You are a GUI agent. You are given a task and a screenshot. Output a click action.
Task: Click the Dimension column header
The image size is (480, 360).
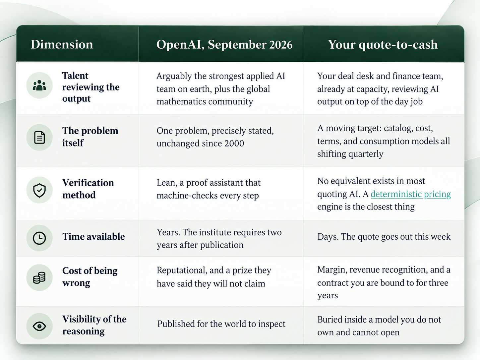pos(62,44)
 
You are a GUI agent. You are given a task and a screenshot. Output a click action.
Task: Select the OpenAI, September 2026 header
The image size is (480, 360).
pos(224,45)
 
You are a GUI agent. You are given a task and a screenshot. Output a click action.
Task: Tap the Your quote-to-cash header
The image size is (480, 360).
pos(383,45)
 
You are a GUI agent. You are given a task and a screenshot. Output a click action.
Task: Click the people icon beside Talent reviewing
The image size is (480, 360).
pos(39,85)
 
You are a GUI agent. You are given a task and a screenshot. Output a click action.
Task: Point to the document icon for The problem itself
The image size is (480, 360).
pos(39,138)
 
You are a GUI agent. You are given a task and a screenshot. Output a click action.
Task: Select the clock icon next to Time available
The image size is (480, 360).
pos(39,238)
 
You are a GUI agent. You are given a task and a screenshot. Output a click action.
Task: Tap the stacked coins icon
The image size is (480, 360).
pos(39,277)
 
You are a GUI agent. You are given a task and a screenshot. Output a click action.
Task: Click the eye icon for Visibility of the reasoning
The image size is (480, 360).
pos(39,326)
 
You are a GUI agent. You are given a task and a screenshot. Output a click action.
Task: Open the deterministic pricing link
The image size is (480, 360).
pos(411,194)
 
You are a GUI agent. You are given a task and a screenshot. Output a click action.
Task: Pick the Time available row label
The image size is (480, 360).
pos(93,236)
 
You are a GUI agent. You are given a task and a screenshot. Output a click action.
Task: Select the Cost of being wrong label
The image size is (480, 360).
pos(90,277)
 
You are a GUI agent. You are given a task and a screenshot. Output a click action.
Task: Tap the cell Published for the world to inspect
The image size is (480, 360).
pos(221,324)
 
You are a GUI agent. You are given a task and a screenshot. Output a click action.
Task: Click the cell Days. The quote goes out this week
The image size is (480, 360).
pos(384,236)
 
